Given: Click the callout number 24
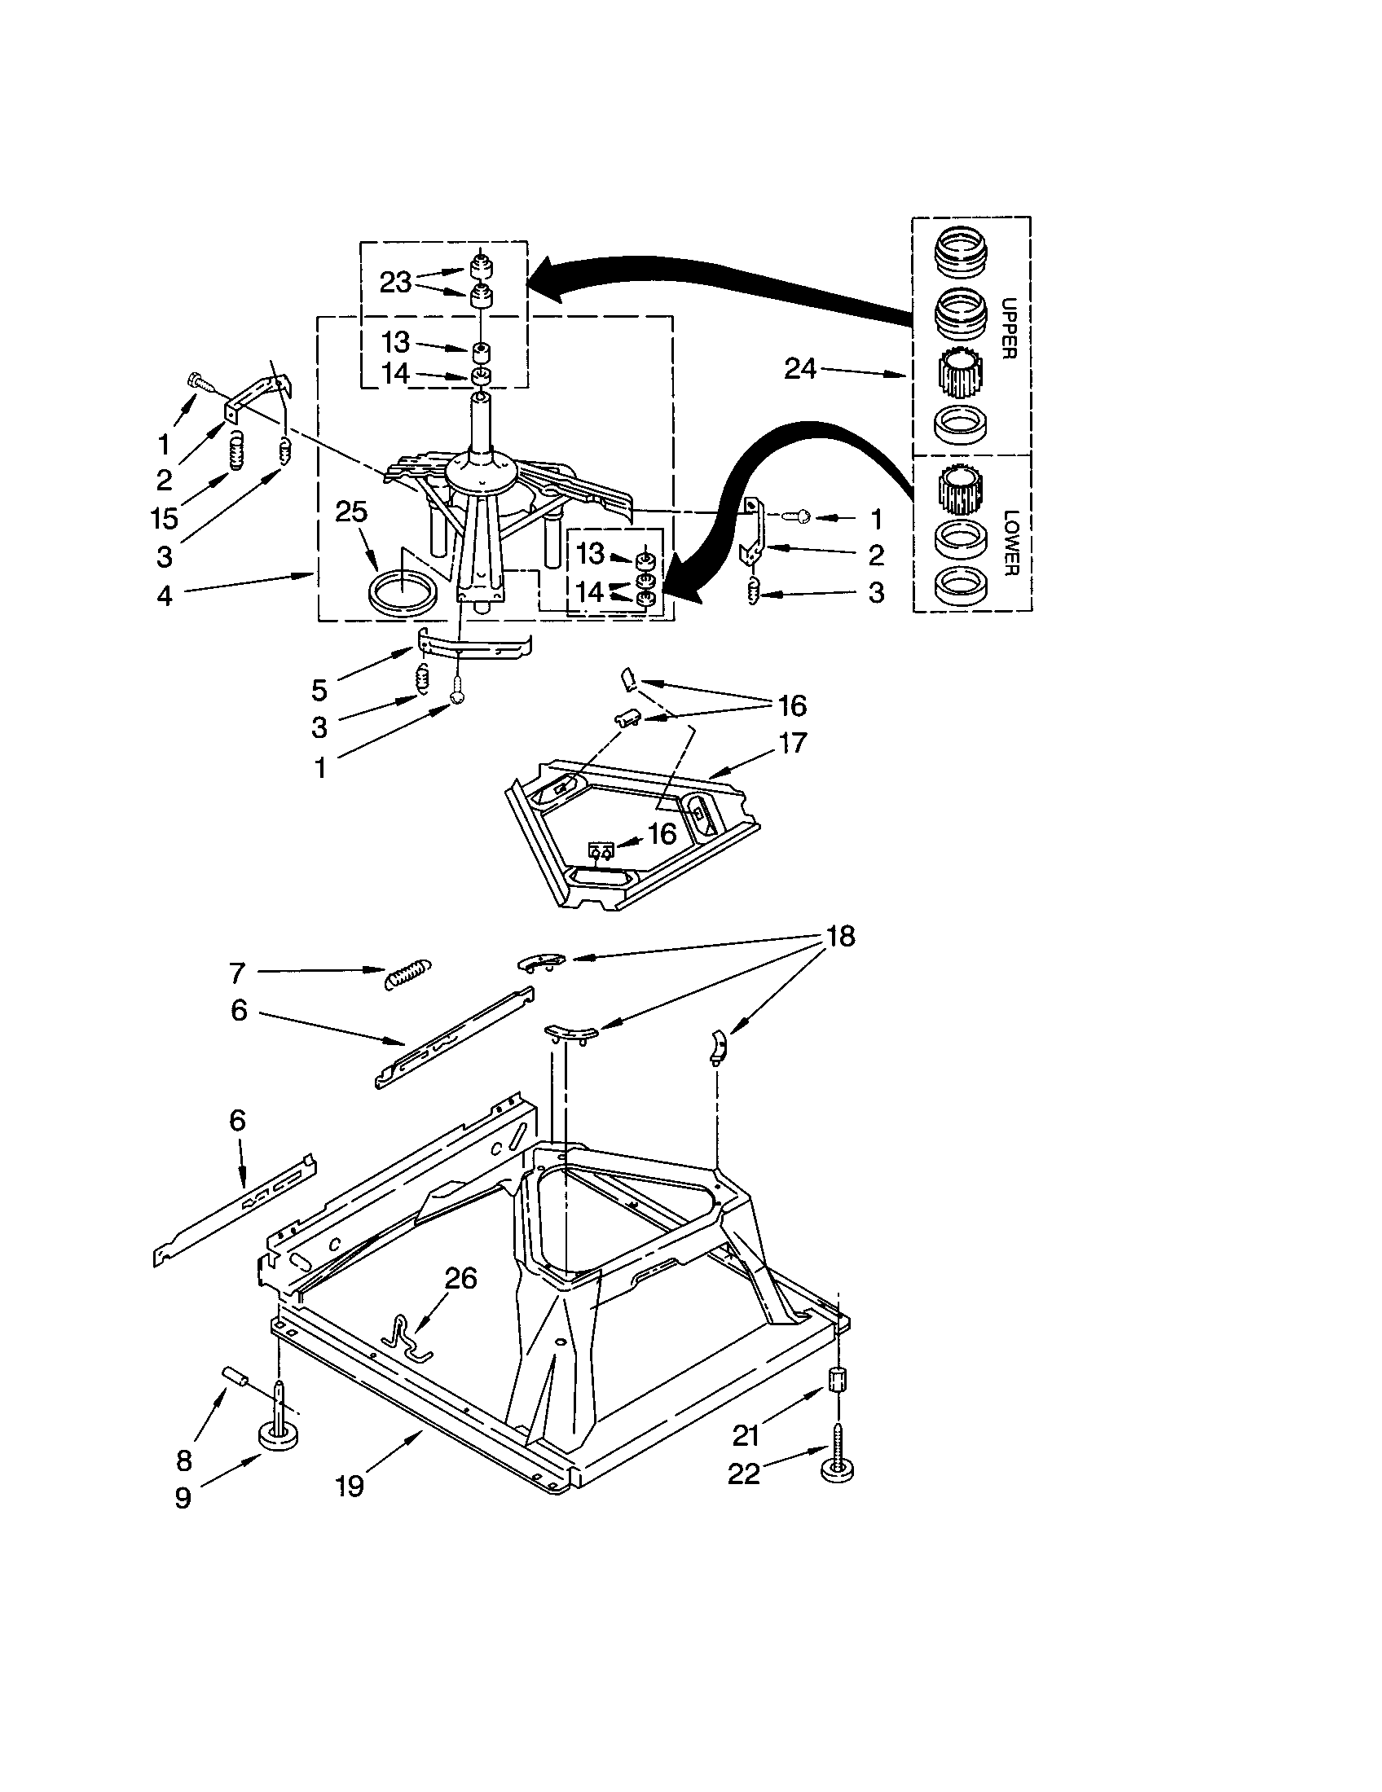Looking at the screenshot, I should [x=799, y=369].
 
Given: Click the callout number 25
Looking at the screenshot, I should [x=351, y=513].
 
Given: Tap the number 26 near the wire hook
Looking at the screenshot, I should [x=460, y=1278].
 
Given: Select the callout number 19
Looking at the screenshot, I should [x=350, y=1486].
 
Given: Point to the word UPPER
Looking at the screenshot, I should [x=1010, y=327].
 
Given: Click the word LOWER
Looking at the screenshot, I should [x=1010, y=543].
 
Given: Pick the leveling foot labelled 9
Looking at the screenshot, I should [x=278, y=1430].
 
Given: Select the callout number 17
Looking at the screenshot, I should [x=794, y=744].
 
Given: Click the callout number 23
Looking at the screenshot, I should [x=394, y=283].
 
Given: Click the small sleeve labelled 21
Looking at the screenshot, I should [x=836, y=1378].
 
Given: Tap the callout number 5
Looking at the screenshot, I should [x=319, y=690].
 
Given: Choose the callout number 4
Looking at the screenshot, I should [x=164, y=596].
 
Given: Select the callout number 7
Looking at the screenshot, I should [x=237, y=973].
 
